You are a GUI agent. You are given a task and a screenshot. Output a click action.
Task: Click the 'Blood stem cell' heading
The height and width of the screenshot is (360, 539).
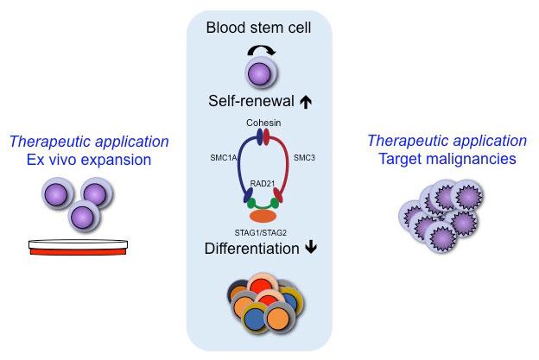[258, 30]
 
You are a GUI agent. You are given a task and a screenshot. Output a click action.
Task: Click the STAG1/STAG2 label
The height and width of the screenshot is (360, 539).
[260, 231]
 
